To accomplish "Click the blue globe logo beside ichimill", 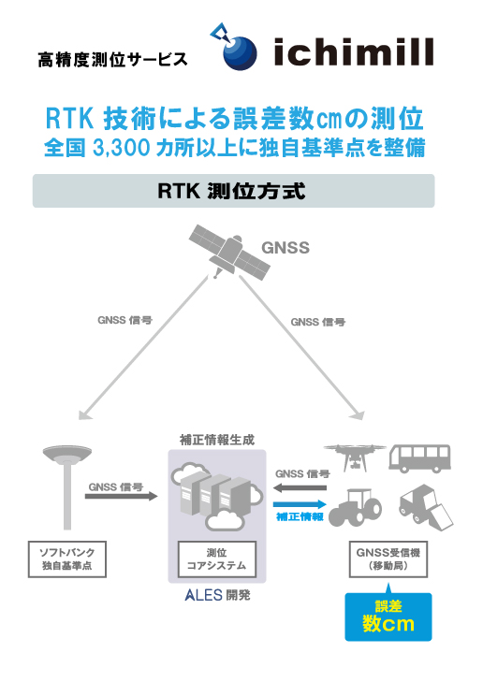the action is click(x=239, y=52).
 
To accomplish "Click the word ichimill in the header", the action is click(x=354, y=51).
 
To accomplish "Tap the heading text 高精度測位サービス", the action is click(x=112, y=60).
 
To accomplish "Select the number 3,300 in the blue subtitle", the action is click(x=121, y=148).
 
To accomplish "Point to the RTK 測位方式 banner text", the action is click(x=231, y=191).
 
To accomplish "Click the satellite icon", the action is click(x=229, y=252).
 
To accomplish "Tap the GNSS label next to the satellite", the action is click(x=285, y=248).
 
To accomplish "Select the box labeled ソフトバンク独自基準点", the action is click(x=67, y=559).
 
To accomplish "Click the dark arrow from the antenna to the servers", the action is click(x=121, y=496).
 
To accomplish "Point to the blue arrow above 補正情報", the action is click(x=300, y=504).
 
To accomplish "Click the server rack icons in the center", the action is click(x=217, y=496).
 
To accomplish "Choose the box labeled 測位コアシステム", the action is click(x=217, y=559).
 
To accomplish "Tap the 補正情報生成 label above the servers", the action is click(x=217, y=441).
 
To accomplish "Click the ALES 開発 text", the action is click(x=217, y=595).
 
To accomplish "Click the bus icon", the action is click(x=419, y=458).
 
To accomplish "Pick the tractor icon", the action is click(x=355, y=507).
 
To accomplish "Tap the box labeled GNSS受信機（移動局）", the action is click(x=388, y=559).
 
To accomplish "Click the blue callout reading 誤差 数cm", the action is click(x=388, y=617).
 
